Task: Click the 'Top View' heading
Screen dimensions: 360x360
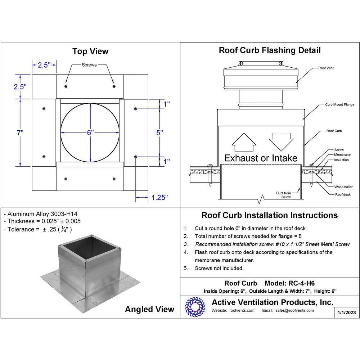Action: [90, 51]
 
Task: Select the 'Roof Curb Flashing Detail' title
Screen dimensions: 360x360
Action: [270, 50]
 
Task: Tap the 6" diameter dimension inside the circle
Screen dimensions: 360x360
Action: [90, 132]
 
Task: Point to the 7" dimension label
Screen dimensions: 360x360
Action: [20, 132]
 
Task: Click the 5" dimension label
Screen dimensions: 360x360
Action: [160, 132]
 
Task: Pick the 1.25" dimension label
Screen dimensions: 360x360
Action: [159, 197]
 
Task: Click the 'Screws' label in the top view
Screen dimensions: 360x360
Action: [89, 65]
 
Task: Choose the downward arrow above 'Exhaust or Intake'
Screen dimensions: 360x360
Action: [280, 141]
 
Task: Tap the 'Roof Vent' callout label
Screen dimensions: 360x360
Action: [326, 68]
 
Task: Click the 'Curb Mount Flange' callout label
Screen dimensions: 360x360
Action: [340, 105]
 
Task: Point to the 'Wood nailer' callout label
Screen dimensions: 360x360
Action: [343, 187]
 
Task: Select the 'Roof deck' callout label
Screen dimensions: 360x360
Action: [342, 194]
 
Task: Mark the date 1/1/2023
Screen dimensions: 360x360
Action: [346, 312]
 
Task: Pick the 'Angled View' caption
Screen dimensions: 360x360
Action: [149, 309]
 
